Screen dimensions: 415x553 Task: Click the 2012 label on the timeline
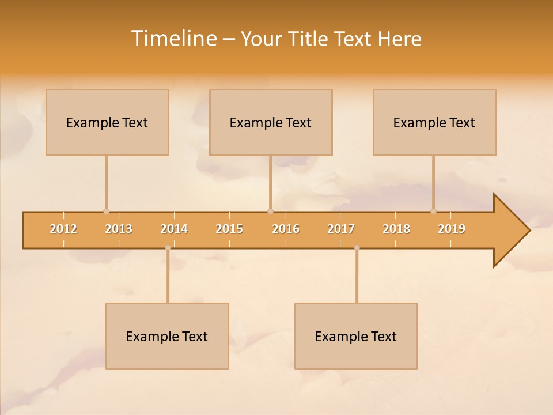pyautogui.click(x=63, y=229)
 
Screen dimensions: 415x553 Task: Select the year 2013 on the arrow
pyautogui.click(x=119, y=229)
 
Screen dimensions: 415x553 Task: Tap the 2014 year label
pyautogui.click(x=174, y=229)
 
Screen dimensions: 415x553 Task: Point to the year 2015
pyautogui.click(x=229, y=229)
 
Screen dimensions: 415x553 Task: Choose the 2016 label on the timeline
pyautogui.click(x=286, y=229)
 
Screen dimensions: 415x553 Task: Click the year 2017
pyautogui.click(x=341, y=229)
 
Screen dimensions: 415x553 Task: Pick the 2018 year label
pyautogui.click(x=396, y=229)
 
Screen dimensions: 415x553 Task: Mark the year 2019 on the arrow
pyautogui.click(x=452, y=229)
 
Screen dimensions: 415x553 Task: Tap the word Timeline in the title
pyautogui.click(x=172, y=39)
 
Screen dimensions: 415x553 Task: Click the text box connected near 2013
pyautogui.click(x=107, y=122)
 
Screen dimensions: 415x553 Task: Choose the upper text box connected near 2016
pyautogui.click(x=271, y=122)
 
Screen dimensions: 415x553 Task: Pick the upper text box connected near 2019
pyautogui.click(x=434, y=122)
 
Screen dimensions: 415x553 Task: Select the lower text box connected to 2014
pyautogui.click(x=167, y=336)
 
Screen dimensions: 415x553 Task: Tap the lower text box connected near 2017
pyautogui.click(x=356, y=336)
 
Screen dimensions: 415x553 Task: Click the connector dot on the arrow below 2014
pyautogui.click(x=168, y=248)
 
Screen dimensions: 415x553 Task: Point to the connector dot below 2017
pyautogui.click(x=357, y=248)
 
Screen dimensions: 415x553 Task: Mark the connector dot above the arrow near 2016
pyautogui.click(x=270, y=211)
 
